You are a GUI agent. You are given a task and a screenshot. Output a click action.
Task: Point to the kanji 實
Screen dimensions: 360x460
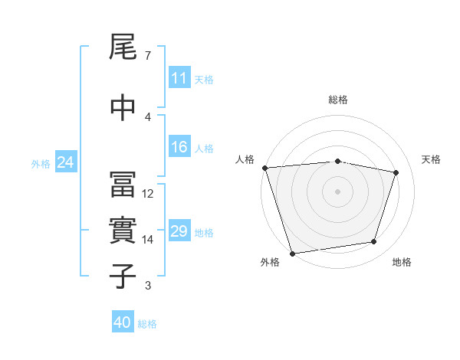tap(123, 231)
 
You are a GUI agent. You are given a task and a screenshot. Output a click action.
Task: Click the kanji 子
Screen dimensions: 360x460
tap(123, 276)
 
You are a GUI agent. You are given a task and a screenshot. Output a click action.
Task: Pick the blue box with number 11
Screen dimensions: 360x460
tap(179, 78)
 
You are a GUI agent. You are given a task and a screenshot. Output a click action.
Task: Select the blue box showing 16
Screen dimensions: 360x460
tap(179, 148)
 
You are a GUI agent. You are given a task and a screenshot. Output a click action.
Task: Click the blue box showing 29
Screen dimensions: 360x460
tap(179, 232)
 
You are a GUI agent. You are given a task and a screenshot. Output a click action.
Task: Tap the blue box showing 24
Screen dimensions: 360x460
tap(65, 162)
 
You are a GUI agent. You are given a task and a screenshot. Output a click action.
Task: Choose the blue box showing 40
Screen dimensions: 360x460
tap(123, 322)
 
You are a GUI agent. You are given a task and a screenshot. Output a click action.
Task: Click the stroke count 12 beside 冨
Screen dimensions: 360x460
tap(149, 194)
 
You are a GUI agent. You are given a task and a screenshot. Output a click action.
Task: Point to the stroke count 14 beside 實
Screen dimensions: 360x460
tap(149, 240)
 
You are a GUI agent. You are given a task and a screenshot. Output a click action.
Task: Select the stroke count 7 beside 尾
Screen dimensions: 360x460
tap(148, 56)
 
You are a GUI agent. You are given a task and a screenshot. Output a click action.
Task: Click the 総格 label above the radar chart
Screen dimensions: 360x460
tap(338, 100)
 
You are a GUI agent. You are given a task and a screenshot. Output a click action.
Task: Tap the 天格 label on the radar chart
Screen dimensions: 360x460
tap(432, 159)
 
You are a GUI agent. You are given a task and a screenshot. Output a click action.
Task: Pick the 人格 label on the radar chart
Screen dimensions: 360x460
tap(245, 159)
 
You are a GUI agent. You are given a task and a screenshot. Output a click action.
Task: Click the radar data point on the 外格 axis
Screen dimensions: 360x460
tap(292, 253)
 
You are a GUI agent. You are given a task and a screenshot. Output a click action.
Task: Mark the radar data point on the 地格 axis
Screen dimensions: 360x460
tap(374, 242)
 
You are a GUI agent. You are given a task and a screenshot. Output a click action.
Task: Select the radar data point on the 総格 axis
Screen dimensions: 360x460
tap(338, 161)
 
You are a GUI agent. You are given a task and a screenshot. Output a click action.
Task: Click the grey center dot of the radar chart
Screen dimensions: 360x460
tap(338, 191)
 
